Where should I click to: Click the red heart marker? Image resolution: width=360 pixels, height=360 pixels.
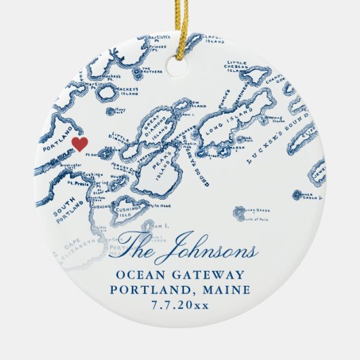tap(80, 144)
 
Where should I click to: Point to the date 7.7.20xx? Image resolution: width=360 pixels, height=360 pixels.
tap(180, 306)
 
